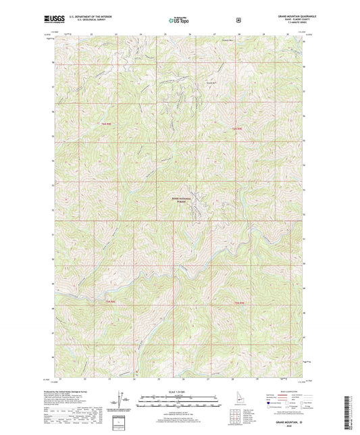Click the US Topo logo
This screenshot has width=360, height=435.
pyautogui.click(x=179, y=21)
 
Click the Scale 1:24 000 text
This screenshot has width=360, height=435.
pyautogui.click(x=178, y=392)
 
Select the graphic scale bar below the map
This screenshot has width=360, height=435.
pyautogui.click(x=178, y=399)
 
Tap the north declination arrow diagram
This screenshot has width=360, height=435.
pyautogui.click(x=122, y=398)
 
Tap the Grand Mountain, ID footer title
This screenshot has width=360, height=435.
pyautogui.click(x=288, y=421)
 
